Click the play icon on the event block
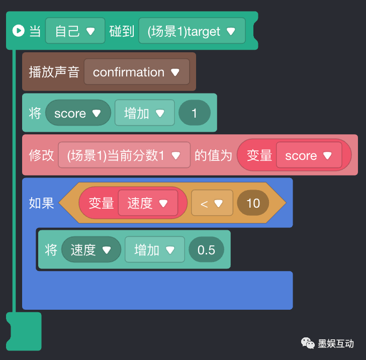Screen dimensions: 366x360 (x=18, y=31)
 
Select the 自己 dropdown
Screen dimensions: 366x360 (x=75, y=31)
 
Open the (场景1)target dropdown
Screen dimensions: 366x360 (x=192, y=31)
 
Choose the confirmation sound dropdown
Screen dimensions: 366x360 (x=136, y=72)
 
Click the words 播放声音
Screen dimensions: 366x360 (x=54, y=72)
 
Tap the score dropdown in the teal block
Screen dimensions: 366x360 (x=77, y=114)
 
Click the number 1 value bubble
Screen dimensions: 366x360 (x=195, y=114)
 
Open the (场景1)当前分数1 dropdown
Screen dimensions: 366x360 (x=124, y=156)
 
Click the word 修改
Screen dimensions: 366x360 (x=41, y=156)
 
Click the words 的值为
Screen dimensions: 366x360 (x=213, y=156)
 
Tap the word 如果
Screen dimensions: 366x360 (x=41, y=203)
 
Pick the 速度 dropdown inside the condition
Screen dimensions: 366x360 (x=147, y=203)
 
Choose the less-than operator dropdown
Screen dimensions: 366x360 (x=212, y=203)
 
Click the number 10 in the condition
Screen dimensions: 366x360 (x=253, y=203)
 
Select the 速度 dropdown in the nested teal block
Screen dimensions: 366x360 (x=90, y=250)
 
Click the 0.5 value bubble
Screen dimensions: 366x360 (x=206, y=250)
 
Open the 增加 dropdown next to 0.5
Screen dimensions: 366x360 (x=154, y=250)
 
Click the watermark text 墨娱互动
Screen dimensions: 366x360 (x=336, y=344)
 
